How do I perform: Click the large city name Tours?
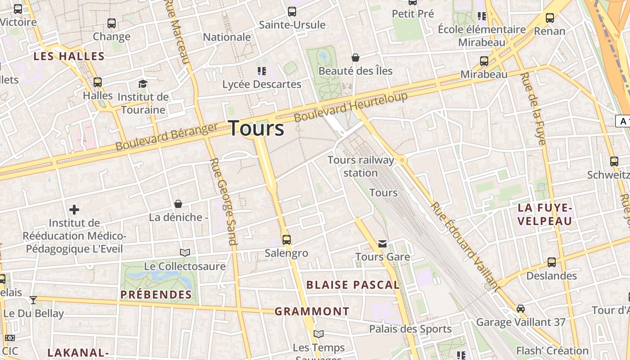256,128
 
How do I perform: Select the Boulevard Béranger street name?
166,137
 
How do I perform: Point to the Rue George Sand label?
223,202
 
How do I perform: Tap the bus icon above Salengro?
286,239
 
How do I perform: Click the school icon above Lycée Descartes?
261,71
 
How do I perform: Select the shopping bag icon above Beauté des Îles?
355,58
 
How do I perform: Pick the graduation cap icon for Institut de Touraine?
143,84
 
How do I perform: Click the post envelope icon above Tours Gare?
382,244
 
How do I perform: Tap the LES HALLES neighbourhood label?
69,56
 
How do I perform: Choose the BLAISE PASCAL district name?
353,285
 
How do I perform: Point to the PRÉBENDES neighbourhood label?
156,295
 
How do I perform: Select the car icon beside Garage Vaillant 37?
521,309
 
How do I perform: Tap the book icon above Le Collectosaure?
184,252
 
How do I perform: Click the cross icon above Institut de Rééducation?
74,210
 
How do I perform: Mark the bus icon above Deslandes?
552,262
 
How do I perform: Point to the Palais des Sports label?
410,329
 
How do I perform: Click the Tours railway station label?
361,166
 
